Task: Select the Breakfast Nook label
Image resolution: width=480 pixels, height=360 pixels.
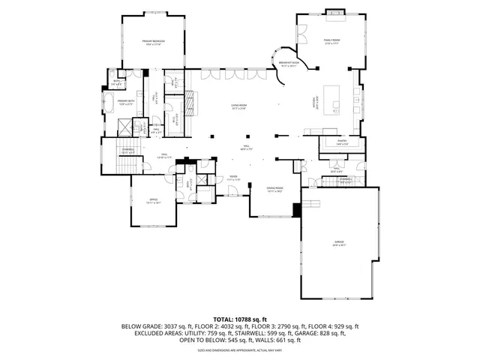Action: [289, 64]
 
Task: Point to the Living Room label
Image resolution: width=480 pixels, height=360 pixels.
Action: [238, 108]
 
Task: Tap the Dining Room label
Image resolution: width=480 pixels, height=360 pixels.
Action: [274, 189]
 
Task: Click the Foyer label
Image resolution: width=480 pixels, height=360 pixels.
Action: [232, 179]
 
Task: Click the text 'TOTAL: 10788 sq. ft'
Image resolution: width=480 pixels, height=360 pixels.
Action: [240, 319]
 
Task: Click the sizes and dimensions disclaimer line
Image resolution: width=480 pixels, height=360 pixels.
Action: [240, 349]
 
